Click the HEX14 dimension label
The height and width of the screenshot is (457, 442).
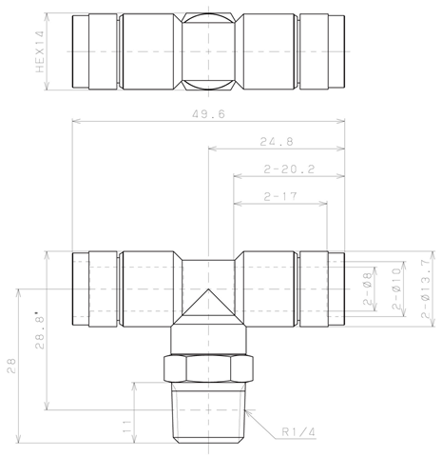(x=40, y=51)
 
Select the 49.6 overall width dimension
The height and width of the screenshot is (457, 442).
(x=208, y=114)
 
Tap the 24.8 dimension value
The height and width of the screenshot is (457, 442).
(x=277, y=142)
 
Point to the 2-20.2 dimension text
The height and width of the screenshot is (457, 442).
(x=289, y=169)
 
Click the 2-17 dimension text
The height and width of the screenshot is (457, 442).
(x=280, y=197)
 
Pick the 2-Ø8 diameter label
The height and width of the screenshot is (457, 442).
(x=368, y=288)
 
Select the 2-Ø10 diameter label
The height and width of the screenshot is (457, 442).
(x=396, y=288)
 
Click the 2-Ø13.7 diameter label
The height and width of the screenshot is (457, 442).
(x=426, y=288)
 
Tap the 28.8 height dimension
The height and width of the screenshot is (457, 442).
(x=40, y=330)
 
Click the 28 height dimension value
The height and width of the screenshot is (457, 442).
(x=11, y=366)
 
